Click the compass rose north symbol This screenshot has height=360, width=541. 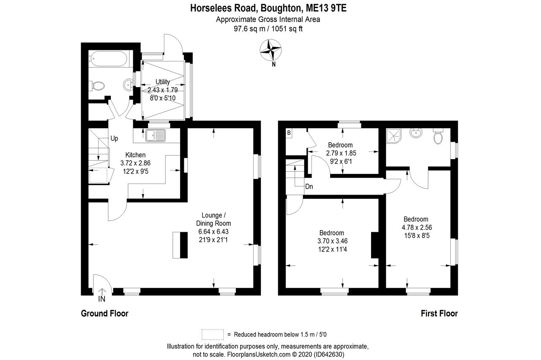(271, 50)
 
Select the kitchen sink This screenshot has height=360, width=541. (155, 135)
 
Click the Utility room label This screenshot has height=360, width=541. (163, 82)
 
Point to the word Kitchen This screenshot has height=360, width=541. (135, 155)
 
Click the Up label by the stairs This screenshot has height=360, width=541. (114, 138)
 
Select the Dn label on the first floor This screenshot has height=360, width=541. (309, 186)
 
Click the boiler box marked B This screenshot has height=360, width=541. (289, 133)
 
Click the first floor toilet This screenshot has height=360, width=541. (438, 136)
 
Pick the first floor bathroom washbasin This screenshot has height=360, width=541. (416, 134)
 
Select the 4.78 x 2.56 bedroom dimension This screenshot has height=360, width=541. (416, 227)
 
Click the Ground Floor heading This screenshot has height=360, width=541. (104, 313)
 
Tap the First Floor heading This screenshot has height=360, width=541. (439, 313)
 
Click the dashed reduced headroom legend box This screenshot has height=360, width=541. (213, 334)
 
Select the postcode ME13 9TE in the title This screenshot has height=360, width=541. (326, 8)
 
